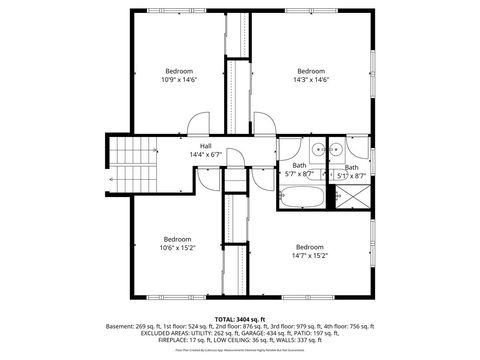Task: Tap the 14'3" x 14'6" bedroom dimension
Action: [311, 79]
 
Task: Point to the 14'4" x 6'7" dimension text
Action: [205, 155]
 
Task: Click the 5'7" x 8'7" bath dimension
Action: [299, 173]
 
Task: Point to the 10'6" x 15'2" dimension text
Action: [178, 247]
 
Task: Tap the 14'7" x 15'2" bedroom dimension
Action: [310, 255]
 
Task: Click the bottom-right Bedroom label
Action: [310, 246]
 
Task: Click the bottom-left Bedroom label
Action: [178, 238]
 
